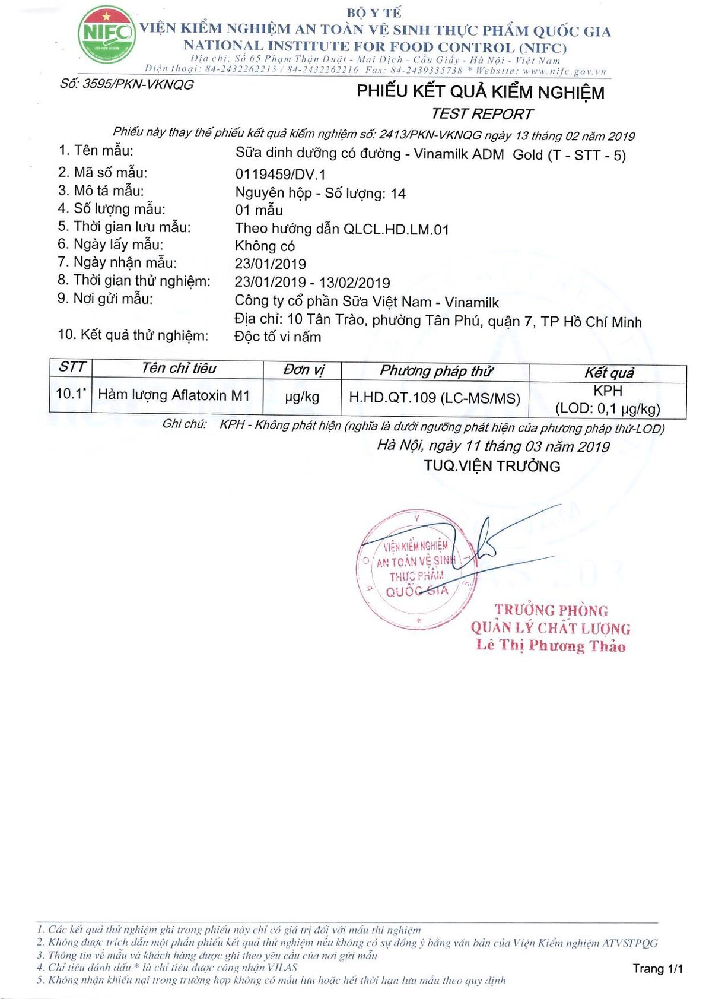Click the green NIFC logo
[106, 34]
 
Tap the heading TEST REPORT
[481, 113]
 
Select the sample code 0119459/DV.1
[280, 175]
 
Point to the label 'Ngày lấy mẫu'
[118, 245]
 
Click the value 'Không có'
[265, 246]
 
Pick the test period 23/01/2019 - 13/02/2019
[312, 283]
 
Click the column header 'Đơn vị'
[303, 370]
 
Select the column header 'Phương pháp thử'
[435, 371]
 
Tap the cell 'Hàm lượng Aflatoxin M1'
[174, 395]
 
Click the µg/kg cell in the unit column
[302, 397]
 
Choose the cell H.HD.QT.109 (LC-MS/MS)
[434, 398]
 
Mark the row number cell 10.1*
[71, 394]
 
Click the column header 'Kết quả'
[609, 373]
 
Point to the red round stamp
[416, 569]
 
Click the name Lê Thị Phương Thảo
[551, 646]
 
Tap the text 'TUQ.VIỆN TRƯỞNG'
[492, 466]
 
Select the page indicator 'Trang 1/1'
[657, 969]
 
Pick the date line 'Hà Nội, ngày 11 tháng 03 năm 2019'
[493, 446]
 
